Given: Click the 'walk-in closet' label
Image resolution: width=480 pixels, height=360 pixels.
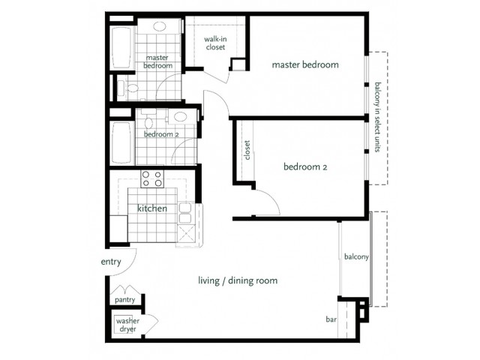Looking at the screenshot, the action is point(215,43).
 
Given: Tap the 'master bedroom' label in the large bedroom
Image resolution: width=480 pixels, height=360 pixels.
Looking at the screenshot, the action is point(305,64).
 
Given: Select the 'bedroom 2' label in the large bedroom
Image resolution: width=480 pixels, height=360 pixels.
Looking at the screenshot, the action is point(305,166).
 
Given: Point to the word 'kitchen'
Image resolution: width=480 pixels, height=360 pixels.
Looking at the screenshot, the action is point(152,208).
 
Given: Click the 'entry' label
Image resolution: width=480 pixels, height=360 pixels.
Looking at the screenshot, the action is point(111,262).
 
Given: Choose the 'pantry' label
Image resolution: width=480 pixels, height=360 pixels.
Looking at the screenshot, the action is point(125,300).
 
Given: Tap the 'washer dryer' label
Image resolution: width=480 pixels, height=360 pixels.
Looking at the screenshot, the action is point(127,325).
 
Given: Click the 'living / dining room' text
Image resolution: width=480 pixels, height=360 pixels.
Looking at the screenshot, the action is point(238,280).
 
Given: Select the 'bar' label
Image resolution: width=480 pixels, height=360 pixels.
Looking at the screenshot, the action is point(331,319).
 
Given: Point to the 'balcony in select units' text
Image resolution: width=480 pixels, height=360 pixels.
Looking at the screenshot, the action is point(377,117).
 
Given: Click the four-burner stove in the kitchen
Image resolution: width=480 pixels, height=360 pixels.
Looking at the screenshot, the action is point(152,178).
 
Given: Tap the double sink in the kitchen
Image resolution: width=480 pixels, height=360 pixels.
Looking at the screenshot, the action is point(185,213).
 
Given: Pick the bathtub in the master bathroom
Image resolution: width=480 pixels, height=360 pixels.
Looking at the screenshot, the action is point(121,48).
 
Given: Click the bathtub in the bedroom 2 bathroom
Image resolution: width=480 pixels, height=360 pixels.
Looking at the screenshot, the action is point(122,142).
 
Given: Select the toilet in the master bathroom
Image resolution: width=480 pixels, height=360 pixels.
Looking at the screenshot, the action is point(130,88).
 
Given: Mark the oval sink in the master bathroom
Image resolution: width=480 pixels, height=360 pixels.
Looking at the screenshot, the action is point(159,26).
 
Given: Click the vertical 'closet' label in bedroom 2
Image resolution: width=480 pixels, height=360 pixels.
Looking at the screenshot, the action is point(247,150).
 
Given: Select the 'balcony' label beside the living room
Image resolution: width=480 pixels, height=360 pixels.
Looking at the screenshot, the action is point(356,256).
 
